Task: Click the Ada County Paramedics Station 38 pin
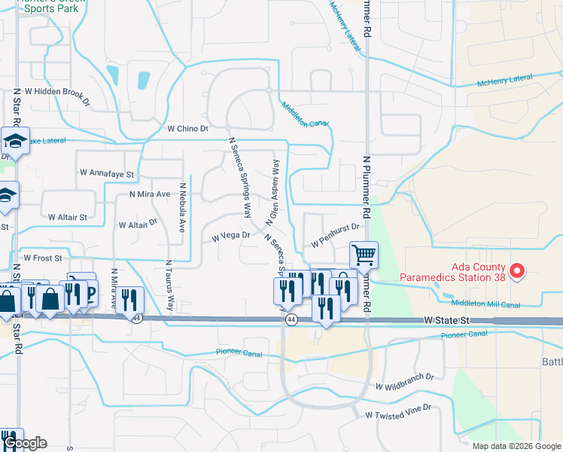pyautogui.click(x=517, y=270)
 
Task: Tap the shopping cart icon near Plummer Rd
pyautogui.click(x=364, y=255)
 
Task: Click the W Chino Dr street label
pyautogui.click(x=187, y=129)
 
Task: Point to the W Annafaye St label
pyautogui.click(x=106, y=173)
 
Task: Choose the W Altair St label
pyautogui.click(x=67, y=216)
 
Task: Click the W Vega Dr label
pyautogui.click(x=230, y=237)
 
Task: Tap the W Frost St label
pyautogui.click(x=43, y=258)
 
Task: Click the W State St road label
pyautogui.click(x=446, y=320)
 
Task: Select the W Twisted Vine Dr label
pyautogui.click(x=398, y=411)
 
